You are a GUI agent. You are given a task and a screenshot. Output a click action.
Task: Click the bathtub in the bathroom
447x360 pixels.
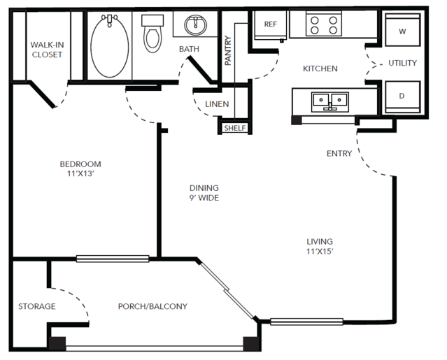click(x=110, y=46)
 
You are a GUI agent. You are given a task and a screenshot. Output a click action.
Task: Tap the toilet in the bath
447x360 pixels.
click(x=152, y=34)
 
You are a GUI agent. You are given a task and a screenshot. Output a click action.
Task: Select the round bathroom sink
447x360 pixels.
click(x=196, y=25)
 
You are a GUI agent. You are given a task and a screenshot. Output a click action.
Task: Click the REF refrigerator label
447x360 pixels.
click(x=271, y=24)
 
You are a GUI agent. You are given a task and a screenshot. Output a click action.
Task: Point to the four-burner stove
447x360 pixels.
click(x=324, y=24)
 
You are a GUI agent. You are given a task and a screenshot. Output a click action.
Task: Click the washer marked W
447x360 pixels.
click(x=402, y=30)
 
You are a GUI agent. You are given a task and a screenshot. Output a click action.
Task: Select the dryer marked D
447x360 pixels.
click(x=402, y=97)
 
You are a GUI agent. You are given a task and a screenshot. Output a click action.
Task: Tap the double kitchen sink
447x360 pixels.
click(x=330, y=101)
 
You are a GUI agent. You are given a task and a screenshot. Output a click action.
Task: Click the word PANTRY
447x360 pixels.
click(x=228, y=50)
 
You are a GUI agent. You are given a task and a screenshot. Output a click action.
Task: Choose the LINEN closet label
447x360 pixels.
click(x=217, y=104)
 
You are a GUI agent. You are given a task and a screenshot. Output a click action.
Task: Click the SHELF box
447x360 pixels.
click(x=235, y=128)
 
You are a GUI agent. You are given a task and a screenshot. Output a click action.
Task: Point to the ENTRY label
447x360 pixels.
click(x=339, y=154)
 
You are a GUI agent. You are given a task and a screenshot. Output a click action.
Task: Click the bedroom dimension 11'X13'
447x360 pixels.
click(x=80, y=173)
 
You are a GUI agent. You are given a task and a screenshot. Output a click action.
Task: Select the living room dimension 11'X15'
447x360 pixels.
click(x=320, y=252)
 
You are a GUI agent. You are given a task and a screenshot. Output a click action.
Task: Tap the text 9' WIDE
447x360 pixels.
click(x=204, y=198)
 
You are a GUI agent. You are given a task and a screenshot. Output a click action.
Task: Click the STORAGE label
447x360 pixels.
click(x=37, y=306)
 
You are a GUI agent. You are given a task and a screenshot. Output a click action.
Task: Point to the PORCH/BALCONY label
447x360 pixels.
click(x=152, y=306)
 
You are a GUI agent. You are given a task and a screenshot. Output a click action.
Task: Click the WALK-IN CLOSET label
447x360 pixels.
click(x=47, y=50)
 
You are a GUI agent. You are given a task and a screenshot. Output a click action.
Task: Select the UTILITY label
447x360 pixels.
click(x=402, y=63)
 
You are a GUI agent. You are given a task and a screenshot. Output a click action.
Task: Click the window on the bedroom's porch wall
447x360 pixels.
click(x=113, y=259)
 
